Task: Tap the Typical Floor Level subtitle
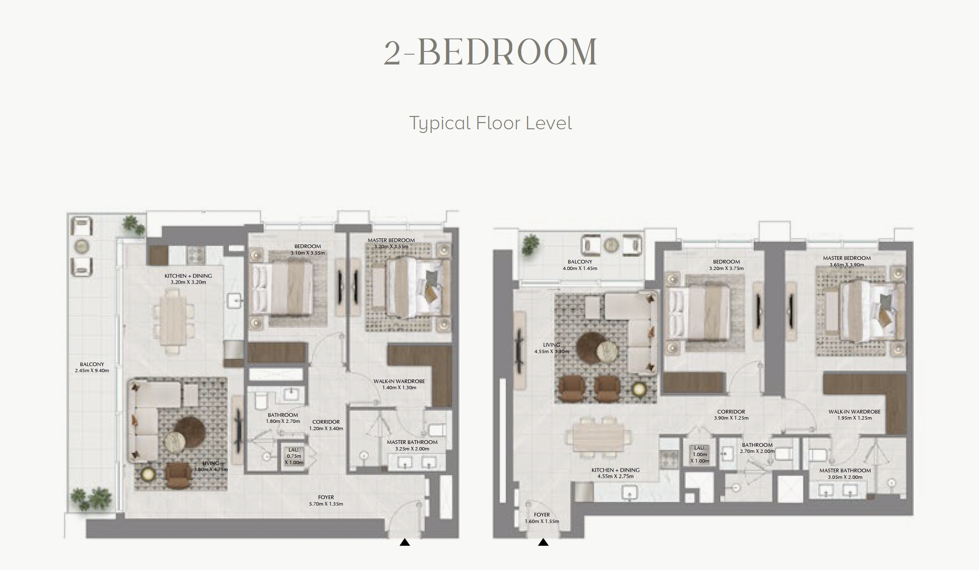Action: click(490, 123)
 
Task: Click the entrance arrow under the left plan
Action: click(405, 542)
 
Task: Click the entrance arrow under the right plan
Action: click(543, 542)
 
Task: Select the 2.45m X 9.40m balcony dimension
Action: click(92, 371)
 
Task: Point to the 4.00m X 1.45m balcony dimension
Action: click(580, 268)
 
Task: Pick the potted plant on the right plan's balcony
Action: click(530, 244)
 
